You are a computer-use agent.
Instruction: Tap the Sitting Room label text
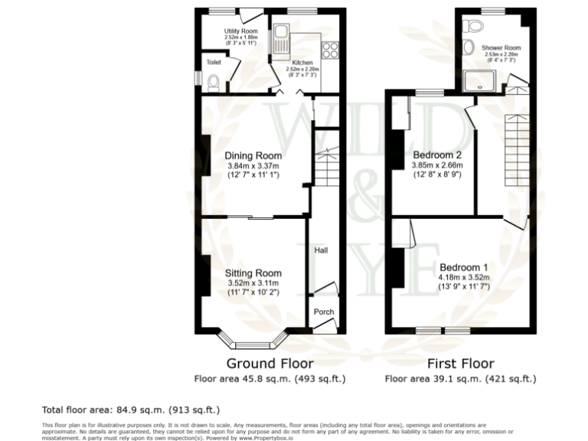[253, 273]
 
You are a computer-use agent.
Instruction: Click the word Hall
[321, 250]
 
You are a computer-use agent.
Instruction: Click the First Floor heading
[460, 363]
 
